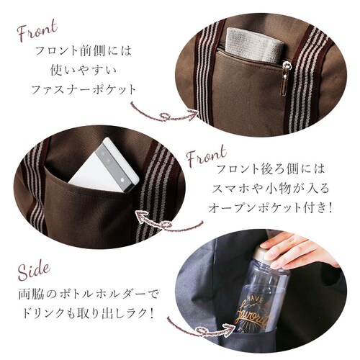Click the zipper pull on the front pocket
coord(286,78)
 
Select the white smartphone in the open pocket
coord(104,166)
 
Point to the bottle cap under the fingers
coord(265,256)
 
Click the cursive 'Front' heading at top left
coord(37,30)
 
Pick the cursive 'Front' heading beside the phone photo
coord(207,156)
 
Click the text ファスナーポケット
coord(84,89)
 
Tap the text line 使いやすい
coord(84,70)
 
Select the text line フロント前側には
coord(84,50)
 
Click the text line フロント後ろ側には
coord(270,168)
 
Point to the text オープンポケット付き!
coord(270,207)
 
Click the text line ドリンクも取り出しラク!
coord(88,313)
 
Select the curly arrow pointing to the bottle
coord(202,330)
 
